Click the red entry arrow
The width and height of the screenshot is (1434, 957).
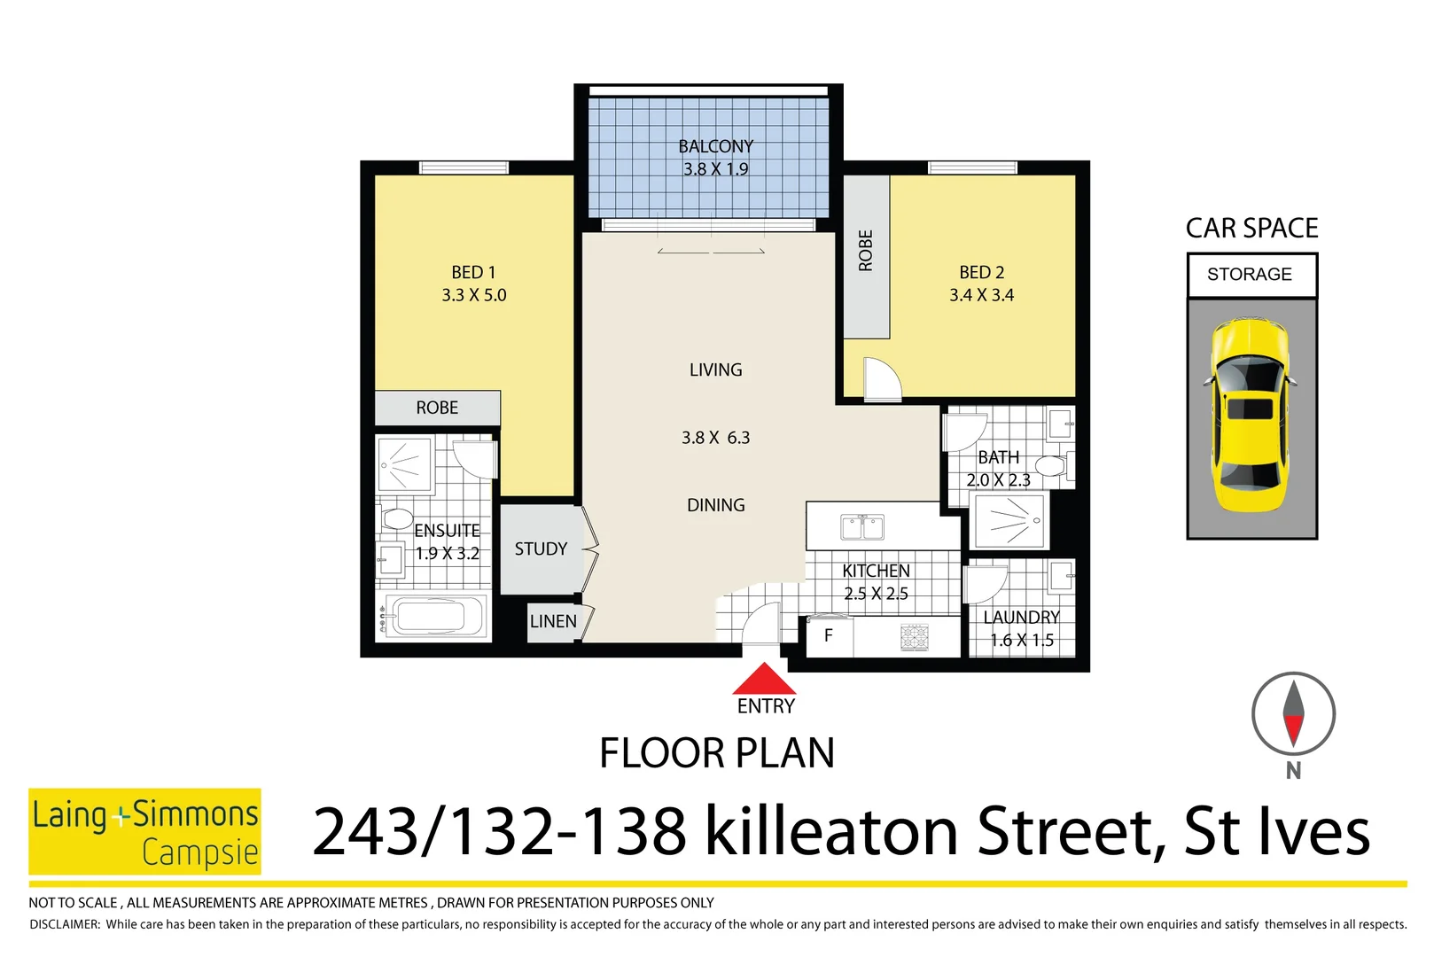click(x=764, y=680)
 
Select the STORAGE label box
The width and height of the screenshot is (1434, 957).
click(x=1251, y=275)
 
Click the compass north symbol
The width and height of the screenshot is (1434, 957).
click(x=1293, y=714)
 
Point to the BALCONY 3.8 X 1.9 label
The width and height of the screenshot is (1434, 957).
click(x=715, y=158)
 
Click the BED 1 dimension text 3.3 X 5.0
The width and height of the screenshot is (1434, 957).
click(x=474, y=295)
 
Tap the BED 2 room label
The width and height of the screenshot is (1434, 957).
click(x=981, y=272)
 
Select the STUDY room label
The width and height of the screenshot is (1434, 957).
click(x=541, y=549)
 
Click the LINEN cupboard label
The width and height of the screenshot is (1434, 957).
click(x=553, y=622)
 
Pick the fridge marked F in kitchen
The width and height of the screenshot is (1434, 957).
click(x=829, y=636)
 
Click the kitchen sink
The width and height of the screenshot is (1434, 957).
click(x=861, y=527)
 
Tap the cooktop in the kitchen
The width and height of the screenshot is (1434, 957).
click(x=914, y=637)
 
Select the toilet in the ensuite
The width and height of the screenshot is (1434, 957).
click(x=395, y=518)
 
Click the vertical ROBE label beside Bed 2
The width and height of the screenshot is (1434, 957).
click(x=866, y=250)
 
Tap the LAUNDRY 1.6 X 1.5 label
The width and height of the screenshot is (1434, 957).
click(x=1021, y=628)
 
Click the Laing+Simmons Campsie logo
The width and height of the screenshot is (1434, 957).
click(x=145, y=831)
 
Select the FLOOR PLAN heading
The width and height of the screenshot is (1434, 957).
click(x=716, y=753)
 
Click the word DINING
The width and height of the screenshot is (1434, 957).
click(x=715, y=505)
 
